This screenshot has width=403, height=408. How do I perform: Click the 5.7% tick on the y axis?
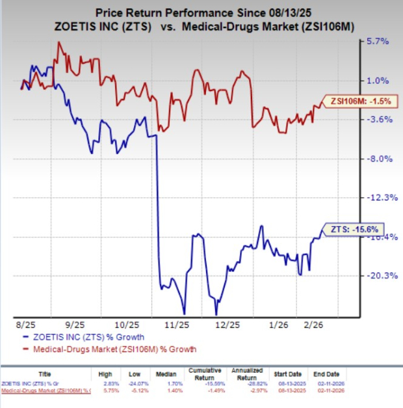click(x=378, y=41)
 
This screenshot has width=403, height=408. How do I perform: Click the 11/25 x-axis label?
click(x=175, y=324)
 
